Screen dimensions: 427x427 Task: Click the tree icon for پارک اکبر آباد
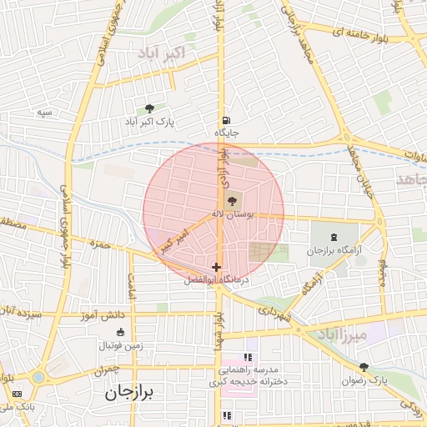coord(149,108)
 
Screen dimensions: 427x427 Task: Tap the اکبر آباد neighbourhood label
coord(173,54)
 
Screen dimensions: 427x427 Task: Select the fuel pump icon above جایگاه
coord(226,118)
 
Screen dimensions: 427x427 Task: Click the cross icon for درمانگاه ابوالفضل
coord(216,267)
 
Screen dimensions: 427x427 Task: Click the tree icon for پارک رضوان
coord(364,367)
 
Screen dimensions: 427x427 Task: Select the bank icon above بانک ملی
coord(16,393)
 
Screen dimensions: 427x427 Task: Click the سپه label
coord(44,112)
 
